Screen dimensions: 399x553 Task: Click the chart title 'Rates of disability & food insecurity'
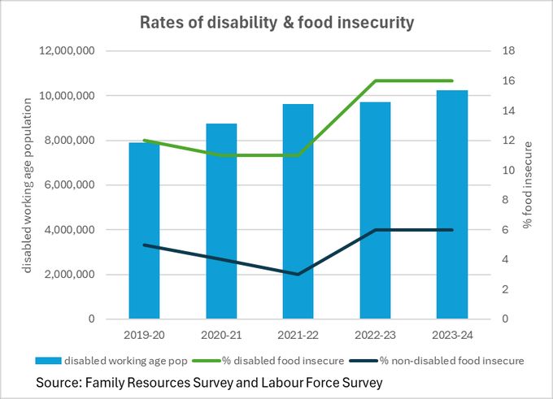click(x=276, y=22)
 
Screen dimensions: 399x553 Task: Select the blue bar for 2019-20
click(x=144, y=231)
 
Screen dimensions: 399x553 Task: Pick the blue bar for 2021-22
click(x=298, y=211)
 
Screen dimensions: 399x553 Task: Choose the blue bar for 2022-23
click(x=375, y=210)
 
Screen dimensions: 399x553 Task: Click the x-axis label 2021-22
click(x=298, y=334)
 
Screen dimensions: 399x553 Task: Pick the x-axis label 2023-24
click(x=452, y=334)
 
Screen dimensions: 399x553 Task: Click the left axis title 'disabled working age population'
click(x=27, y=184)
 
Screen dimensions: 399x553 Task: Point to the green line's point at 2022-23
click(x=375, y=81)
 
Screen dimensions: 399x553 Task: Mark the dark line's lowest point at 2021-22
click(x=298, y=274)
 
